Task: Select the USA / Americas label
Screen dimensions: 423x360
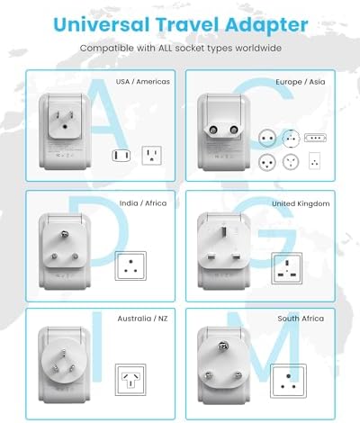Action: [143, 82]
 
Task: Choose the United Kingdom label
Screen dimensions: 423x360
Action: [301, 203]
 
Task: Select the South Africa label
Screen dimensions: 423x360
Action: [301, 319]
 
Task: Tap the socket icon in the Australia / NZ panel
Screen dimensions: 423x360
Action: [131, 377]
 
